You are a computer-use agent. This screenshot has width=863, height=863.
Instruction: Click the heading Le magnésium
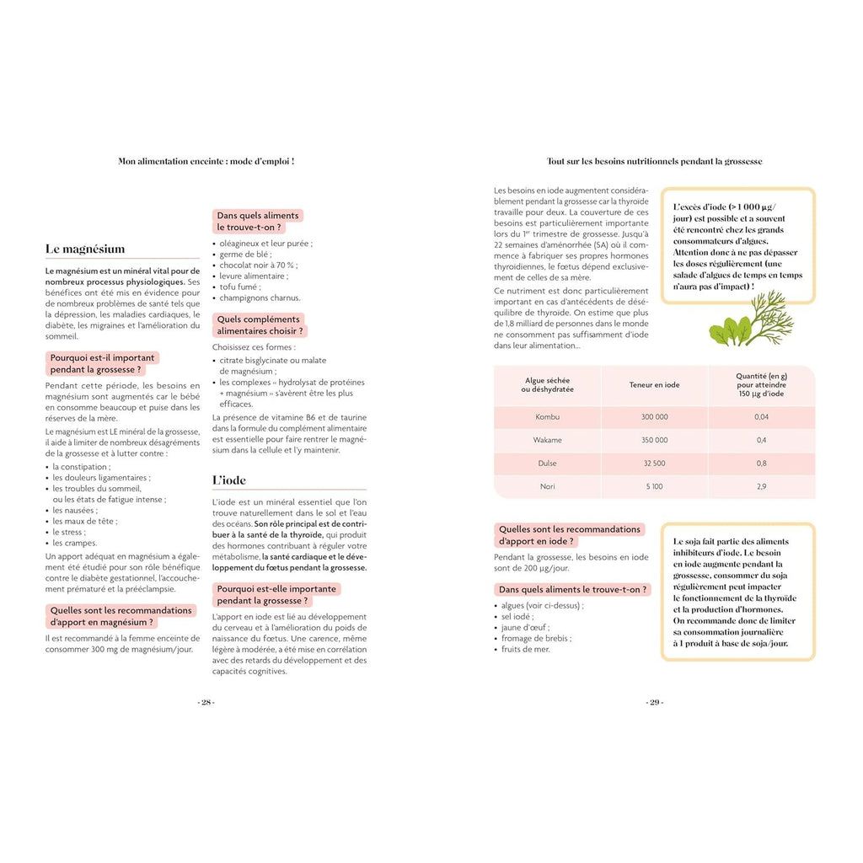point(85,249)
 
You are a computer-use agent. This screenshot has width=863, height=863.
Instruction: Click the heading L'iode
point(229,480)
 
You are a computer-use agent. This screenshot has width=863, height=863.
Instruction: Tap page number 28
point(206,703)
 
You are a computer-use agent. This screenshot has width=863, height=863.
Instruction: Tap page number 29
point(654,703)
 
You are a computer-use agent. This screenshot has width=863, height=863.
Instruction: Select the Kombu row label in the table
point(547,417)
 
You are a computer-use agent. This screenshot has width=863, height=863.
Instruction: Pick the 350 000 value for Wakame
point(654,440)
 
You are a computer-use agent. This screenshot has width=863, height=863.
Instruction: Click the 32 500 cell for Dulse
point(654,464)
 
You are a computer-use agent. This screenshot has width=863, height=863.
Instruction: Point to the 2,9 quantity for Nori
point(761,486)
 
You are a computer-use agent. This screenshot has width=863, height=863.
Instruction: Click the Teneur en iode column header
point(654,385)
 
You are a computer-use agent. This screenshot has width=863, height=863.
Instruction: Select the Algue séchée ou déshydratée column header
point(547,385)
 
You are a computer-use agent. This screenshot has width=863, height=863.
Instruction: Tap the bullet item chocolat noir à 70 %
point(259,265)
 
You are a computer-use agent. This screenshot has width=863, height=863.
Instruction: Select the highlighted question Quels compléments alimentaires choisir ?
point(259,325)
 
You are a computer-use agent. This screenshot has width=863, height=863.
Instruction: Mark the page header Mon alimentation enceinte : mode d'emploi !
point(206,161)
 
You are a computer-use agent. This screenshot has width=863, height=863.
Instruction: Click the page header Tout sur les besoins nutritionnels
point(654,161)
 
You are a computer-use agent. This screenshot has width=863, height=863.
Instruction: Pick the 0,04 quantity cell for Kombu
point(761,417)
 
